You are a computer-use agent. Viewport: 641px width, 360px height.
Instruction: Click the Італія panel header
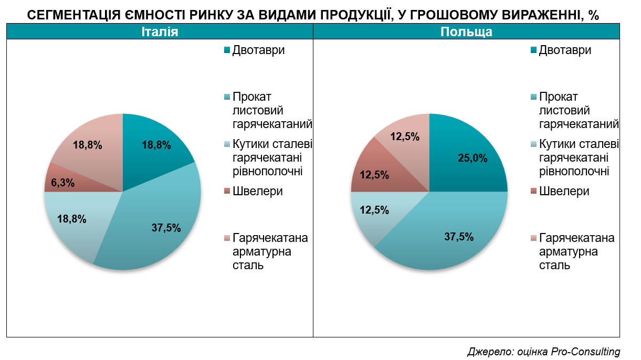tap(160, 32)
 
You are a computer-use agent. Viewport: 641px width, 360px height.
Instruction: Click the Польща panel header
tap(466, 32)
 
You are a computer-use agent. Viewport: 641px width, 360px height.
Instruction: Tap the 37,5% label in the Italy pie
tap(165, 228)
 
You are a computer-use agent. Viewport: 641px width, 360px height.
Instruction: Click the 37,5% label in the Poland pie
tap(459, 237)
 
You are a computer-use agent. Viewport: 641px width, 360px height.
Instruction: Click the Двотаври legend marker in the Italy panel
tap(227, 50)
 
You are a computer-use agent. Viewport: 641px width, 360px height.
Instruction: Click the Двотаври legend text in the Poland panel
tap(565, 50)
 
